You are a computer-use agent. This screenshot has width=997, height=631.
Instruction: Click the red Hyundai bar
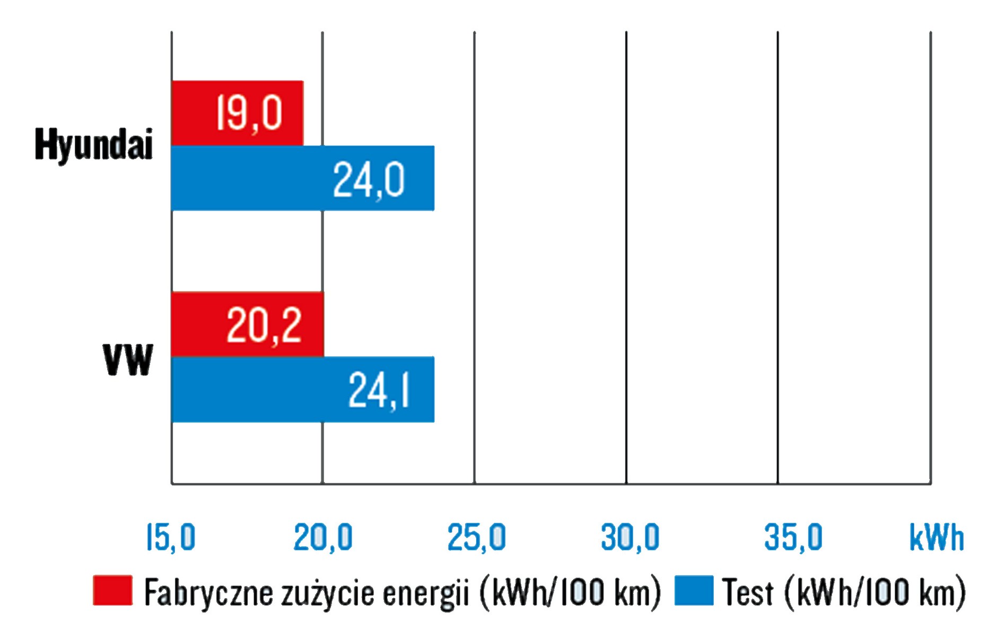coord(237,112)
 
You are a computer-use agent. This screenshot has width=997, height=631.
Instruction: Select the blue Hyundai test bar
coord(302,178)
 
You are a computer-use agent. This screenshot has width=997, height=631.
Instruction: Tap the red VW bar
coord(247,323)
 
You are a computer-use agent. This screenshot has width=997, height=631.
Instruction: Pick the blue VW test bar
coord(302,389)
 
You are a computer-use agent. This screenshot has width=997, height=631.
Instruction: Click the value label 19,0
coord(249,113)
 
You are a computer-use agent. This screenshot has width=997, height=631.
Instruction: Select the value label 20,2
coord(264,325)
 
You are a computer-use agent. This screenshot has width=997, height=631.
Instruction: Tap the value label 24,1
coord(379,391)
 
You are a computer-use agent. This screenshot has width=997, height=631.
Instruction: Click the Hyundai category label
coord(93,144)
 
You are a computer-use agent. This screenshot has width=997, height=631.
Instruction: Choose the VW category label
coord(128,360)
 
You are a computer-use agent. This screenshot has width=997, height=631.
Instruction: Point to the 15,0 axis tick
coord(171,537)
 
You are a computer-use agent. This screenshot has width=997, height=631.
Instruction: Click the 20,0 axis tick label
coord(322,537)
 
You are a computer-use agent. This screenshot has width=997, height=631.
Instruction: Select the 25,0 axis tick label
coord(476,537)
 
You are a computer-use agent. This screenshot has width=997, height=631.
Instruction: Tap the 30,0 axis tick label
coord(629,537)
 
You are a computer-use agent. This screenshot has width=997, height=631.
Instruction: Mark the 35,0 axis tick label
coord(793,537)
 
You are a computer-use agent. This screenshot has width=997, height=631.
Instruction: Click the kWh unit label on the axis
coord(936,537)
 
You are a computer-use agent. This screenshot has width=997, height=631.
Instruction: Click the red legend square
coord(112,590)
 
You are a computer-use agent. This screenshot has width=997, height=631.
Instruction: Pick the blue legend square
coord(694,590)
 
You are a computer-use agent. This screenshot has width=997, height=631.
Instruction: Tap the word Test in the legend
coord(748,592)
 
